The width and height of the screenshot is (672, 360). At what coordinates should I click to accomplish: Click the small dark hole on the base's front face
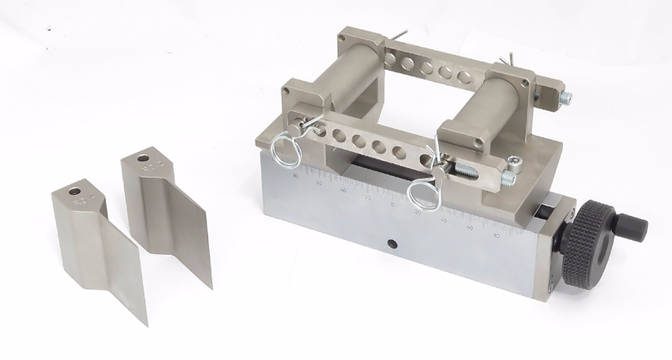(x=391, y=244)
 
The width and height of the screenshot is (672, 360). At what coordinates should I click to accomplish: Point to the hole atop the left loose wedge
(x=75, y=192)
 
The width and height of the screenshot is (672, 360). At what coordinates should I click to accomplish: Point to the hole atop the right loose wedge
(x=143, y=157)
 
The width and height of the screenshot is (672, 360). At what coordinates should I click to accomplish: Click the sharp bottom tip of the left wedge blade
(x=146, y=323)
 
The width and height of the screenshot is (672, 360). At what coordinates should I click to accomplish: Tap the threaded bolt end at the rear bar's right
(x=565, y=97)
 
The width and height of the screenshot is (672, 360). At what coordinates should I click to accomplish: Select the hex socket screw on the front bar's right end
(x=514, y=165)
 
